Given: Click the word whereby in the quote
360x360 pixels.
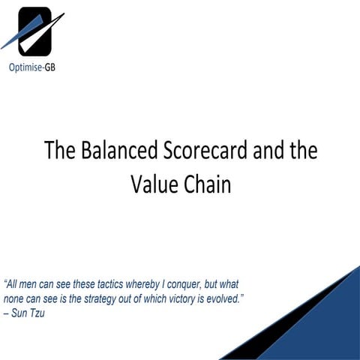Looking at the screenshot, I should click(148, 285).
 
